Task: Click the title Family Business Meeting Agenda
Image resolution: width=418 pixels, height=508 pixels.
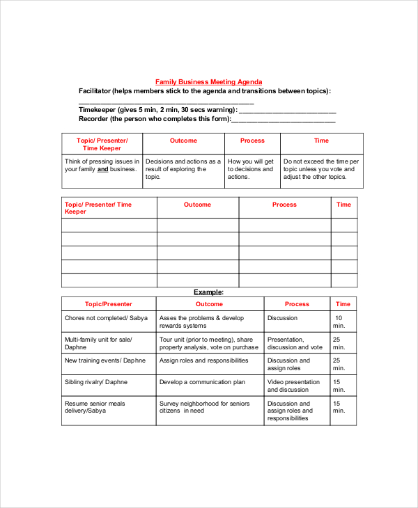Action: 208,81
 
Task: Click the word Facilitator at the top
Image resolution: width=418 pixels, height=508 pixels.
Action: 95,91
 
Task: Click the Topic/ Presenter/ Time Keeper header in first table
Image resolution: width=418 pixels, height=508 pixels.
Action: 102,144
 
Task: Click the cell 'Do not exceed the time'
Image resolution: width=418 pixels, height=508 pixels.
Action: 321,169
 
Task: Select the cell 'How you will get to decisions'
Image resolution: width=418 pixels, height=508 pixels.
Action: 252,169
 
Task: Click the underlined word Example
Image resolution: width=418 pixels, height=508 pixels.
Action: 208,292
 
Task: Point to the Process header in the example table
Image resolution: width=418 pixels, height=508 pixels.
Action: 297,304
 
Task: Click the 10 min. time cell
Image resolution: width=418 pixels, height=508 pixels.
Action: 339,322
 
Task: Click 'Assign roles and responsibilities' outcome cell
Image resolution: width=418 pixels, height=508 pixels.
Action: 203,360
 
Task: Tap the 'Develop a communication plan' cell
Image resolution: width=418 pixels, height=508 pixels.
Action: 202,382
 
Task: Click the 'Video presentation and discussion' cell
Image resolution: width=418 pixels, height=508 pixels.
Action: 294,386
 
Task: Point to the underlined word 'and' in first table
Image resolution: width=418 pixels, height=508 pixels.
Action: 102,169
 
